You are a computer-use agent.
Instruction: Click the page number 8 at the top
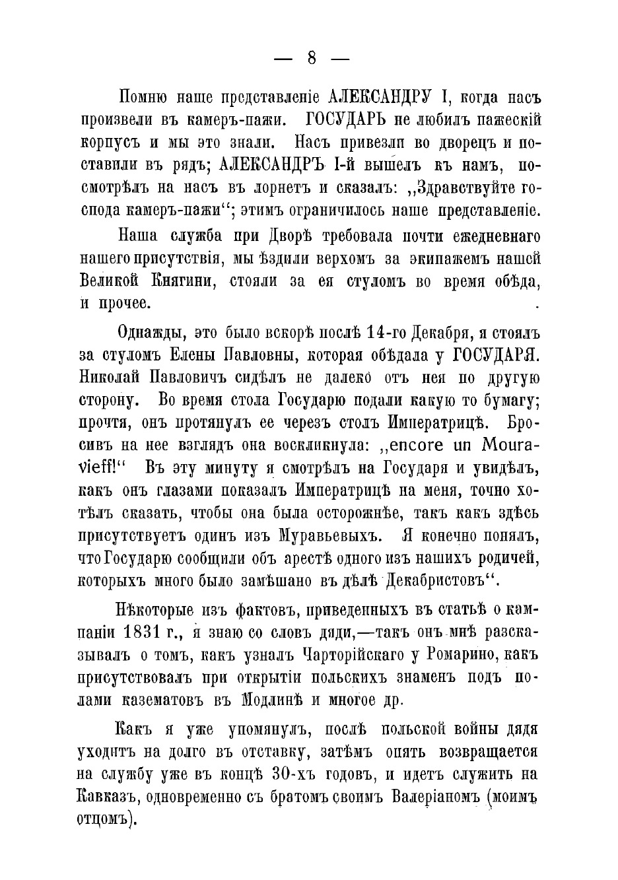(x=311, y=59)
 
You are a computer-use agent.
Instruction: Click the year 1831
(x=143, y=632)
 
